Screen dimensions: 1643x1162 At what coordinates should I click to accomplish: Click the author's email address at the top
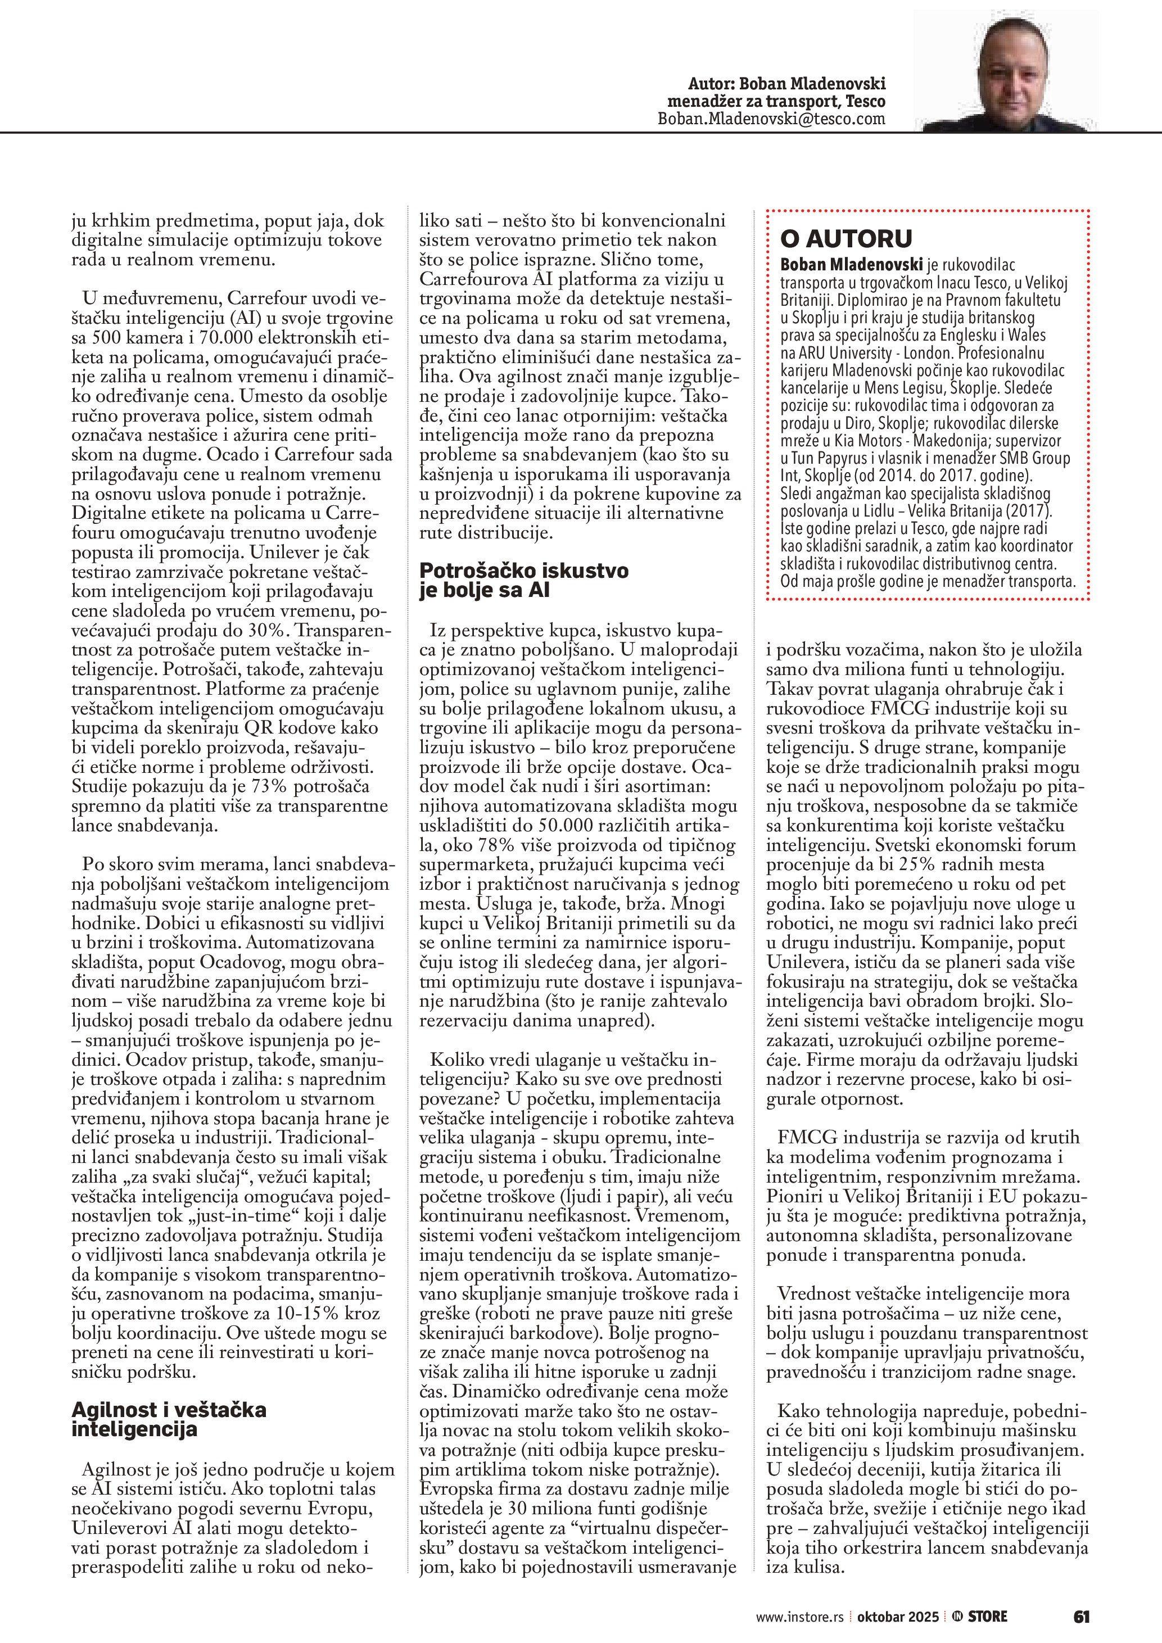(x=771, y=119)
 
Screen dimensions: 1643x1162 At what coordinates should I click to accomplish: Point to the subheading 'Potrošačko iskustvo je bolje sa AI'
(x=524, y=580)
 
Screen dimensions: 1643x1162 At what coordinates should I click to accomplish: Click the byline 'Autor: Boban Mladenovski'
(x=786, y=83)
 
